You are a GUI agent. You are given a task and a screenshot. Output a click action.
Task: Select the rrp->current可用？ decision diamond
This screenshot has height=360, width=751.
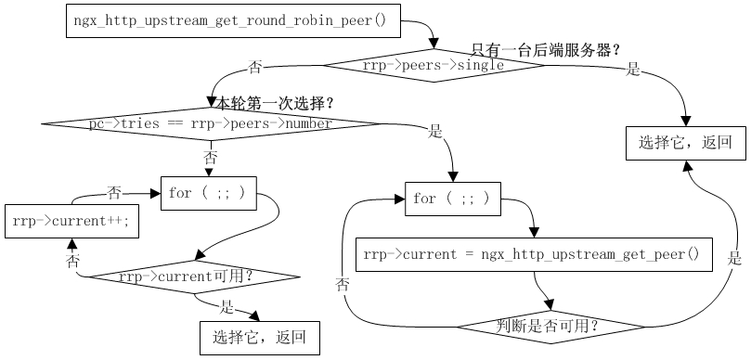(x=195, y=276)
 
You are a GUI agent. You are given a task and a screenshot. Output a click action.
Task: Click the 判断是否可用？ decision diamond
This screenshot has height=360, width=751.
(x=549, y=327)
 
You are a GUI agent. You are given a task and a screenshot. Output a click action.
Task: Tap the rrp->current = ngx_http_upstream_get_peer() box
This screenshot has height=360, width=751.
(x=533, y=253)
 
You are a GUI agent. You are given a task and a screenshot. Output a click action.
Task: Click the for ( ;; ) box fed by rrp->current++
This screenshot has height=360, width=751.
(x=208, y=193)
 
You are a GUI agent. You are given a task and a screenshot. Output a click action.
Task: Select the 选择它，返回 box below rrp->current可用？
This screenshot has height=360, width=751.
(x=260, y=337)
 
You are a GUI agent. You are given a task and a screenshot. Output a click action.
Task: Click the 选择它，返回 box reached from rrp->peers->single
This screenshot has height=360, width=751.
(x=686, y=143)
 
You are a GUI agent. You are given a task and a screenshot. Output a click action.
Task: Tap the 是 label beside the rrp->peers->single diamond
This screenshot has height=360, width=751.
(x=633, y=69)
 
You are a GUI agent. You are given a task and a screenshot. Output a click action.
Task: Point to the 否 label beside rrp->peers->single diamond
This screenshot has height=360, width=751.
(x=254, y=68)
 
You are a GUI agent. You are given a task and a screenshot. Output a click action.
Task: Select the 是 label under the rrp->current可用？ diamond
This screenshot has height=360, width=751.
(x=227, y=306)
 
